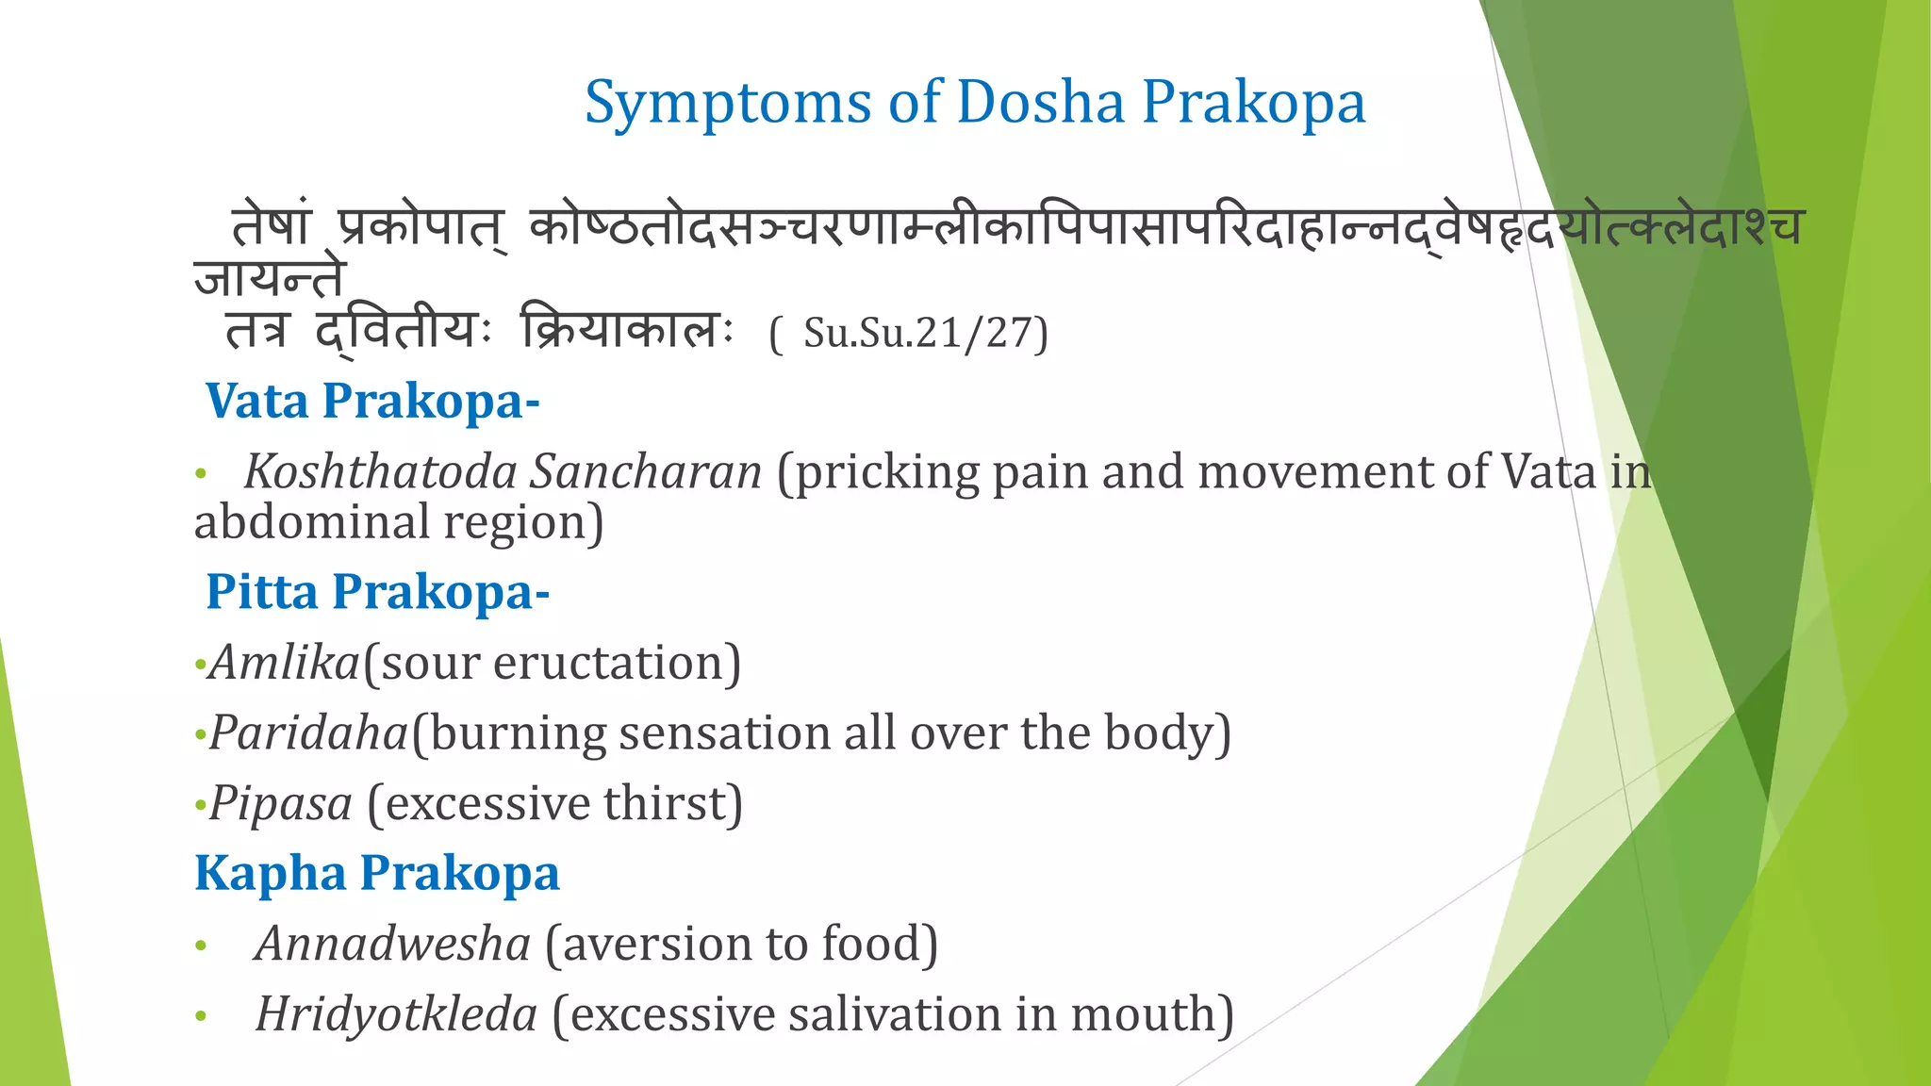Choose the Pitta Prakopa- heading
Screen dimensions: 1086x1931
377,592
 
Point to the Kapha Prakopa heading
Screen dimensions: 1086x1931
376,873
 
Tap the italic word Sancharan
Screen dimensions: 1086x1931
645,471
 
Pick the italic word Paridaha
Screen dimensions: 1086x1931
308,733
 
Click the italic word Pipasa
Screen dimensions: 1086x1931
281,804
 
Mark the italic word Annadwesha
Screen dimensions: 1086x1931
392,944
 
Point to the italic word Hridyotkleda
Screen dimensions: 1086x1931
396,1014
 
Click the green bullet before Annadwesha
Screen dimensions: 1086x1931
200,946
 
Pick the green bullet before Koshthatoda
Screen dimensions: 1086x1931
200,473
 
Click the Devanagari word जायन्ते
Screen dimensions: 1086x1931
271,278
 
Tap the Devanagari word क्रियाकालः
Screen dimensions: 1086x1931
626,331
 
